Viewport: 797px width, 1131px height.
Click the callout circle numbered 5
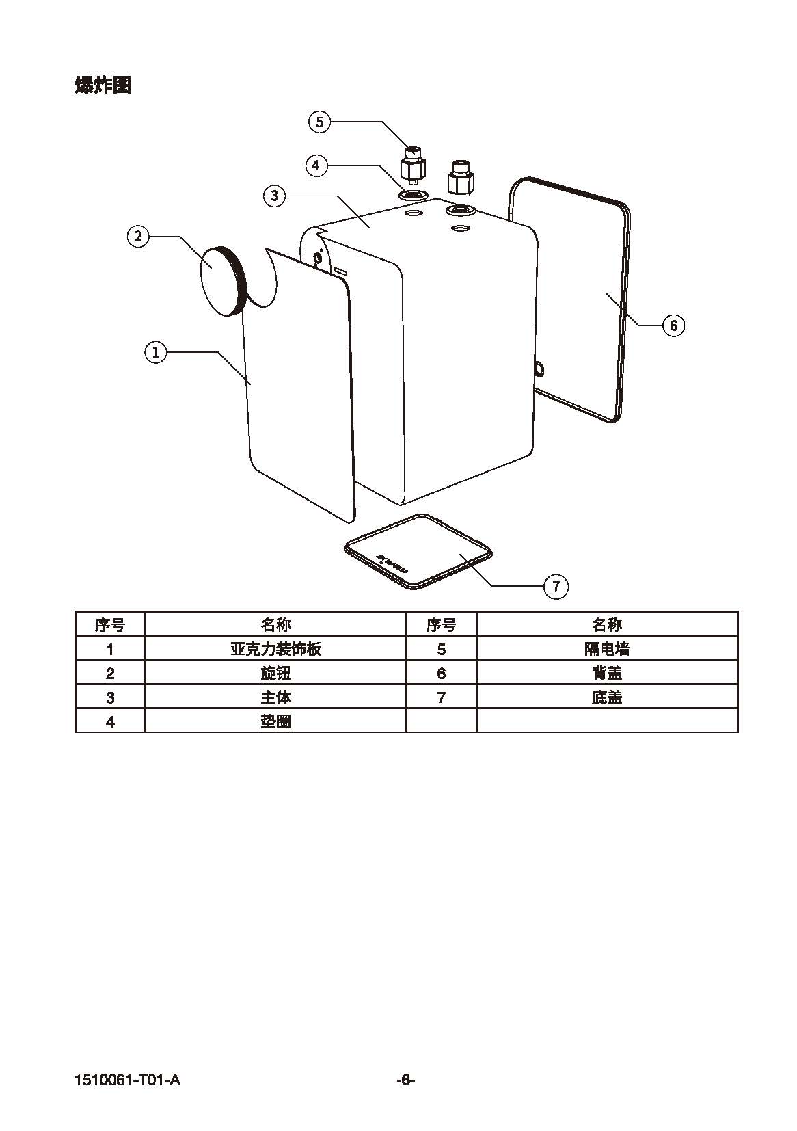[319, 122]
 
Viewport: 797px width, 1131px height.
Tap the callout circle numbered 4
[316, 165]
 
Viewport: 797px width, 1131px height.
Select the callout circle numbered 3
[274, 196]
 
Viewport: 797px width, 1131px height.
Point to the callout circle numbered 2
[138, 237]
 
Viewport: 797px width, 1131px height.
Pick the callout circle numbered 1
[156, 352]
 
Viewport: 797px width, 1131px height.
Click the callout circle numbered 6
[673, 325]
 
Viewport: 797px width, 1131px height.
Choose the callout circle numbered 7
[556, 586]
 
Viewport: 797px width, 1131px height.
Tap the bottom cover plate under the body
[418, 551]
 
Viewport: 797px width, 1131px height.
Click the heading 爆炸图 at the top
[103, 85]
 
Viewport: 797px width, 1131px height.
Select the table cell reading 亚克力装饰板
[275, 649]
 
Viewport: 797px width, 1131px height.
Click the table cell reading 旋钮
[275, 673]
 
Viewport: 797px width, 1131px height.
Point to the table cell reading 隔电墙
[607, 649]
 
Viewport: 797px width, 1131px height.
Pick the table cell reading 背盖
[607, 673]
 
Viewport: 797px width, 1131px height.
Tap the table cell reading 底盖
[607, 697]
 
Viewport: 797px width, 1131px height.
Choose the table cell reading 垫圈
[275, 721]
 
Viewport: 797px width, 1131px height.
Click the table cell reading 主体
[275, 697]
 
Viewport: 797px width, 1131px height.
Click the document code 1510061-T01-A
[128, 1080]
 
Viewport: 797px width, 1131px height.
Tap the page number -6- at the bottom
[406, 1080]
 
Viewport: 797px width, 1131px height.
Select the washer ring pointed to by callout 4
[413, 196]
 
